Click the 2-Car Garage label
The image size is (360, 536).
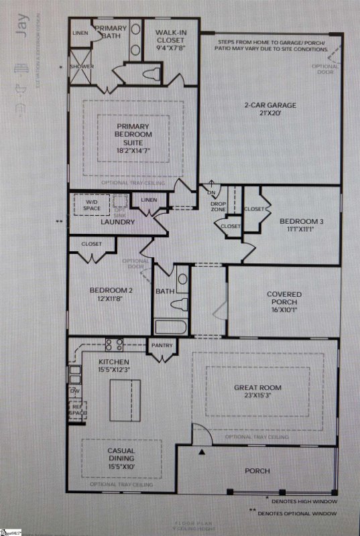click(x=270, y=109)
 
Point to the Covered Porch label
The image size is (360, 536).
click(x=284, y=299)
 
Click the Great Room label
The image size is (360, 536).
click(x=257, y=392)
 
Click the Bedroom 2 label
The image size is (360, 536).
click(x=108, y=295)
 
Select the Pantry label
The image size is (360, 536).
click(x=162, y=346)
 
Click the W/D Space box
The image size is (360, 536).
click(x=92, y=204)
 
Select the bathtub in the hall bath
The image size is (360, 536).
click(x=173, y=327)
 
